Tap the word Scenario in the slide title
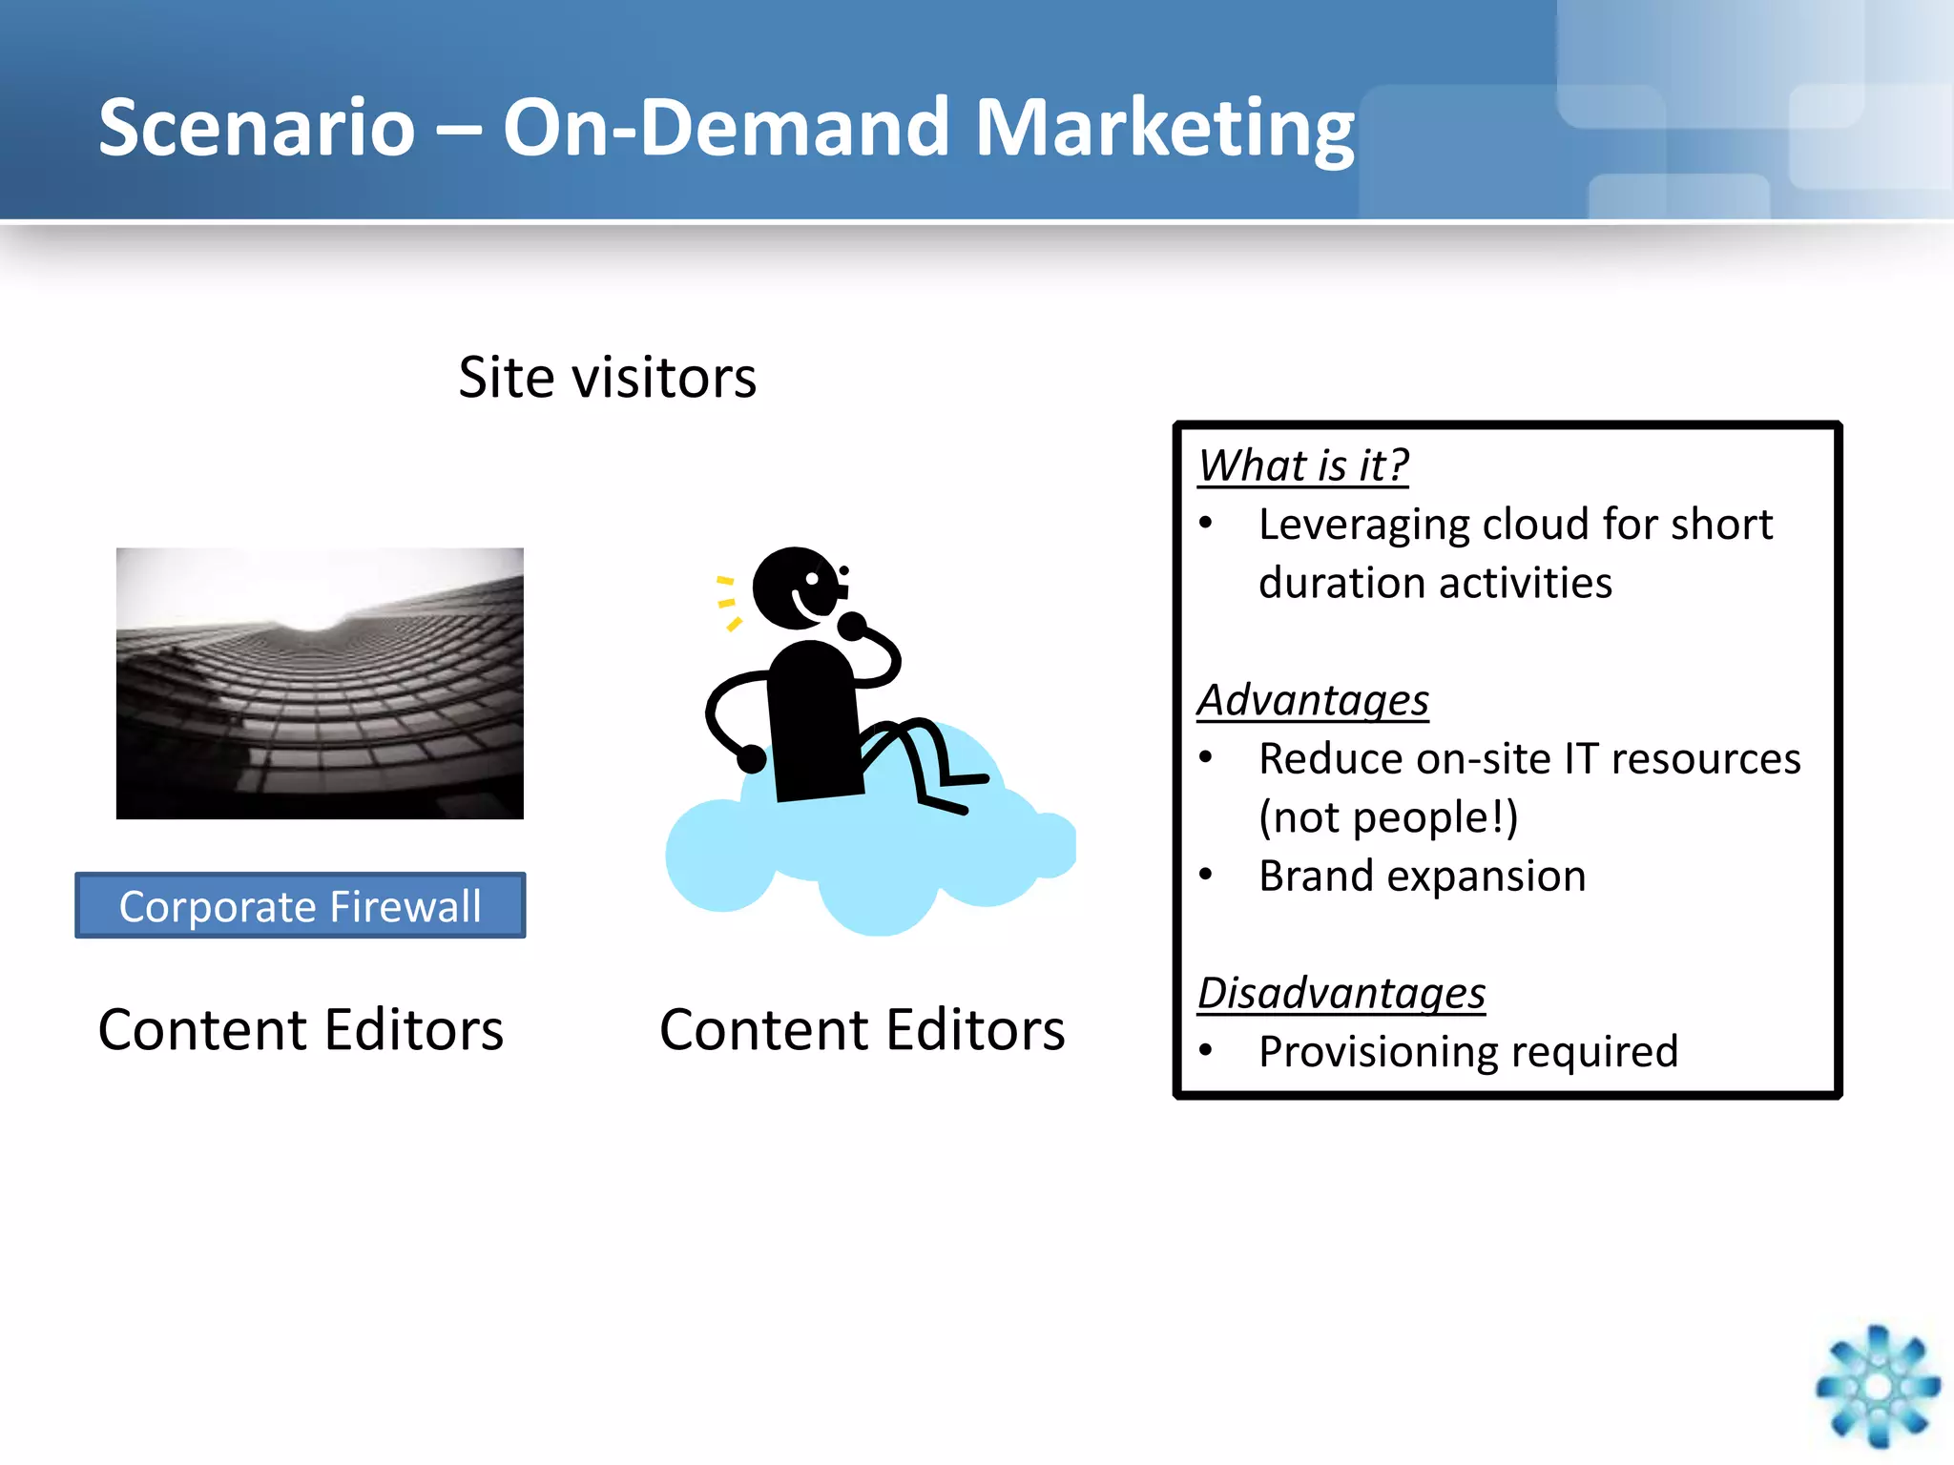pos(258,129)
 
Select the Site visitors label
pos(607,378)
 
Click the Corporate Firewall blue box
pos(300,905)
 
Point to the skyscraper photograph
pos(320,683)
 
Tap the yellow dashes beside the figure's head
pos(727,603)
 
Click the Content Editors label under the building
pos(301,1030)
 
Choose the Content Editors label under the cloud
pos(862,1030)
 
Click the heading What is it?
pos(1303,466)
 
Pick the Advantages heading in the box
pos(1313,701)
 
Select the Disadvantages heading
pos(1341,994)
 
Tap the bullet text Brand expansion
pos(1422,877)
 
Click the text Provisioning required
pos(1467,1052)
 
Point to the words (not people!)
pos(1388,817)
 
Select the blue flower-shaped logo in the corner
pos(1878,1386)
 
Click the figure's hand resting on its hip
pos(752,759)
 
